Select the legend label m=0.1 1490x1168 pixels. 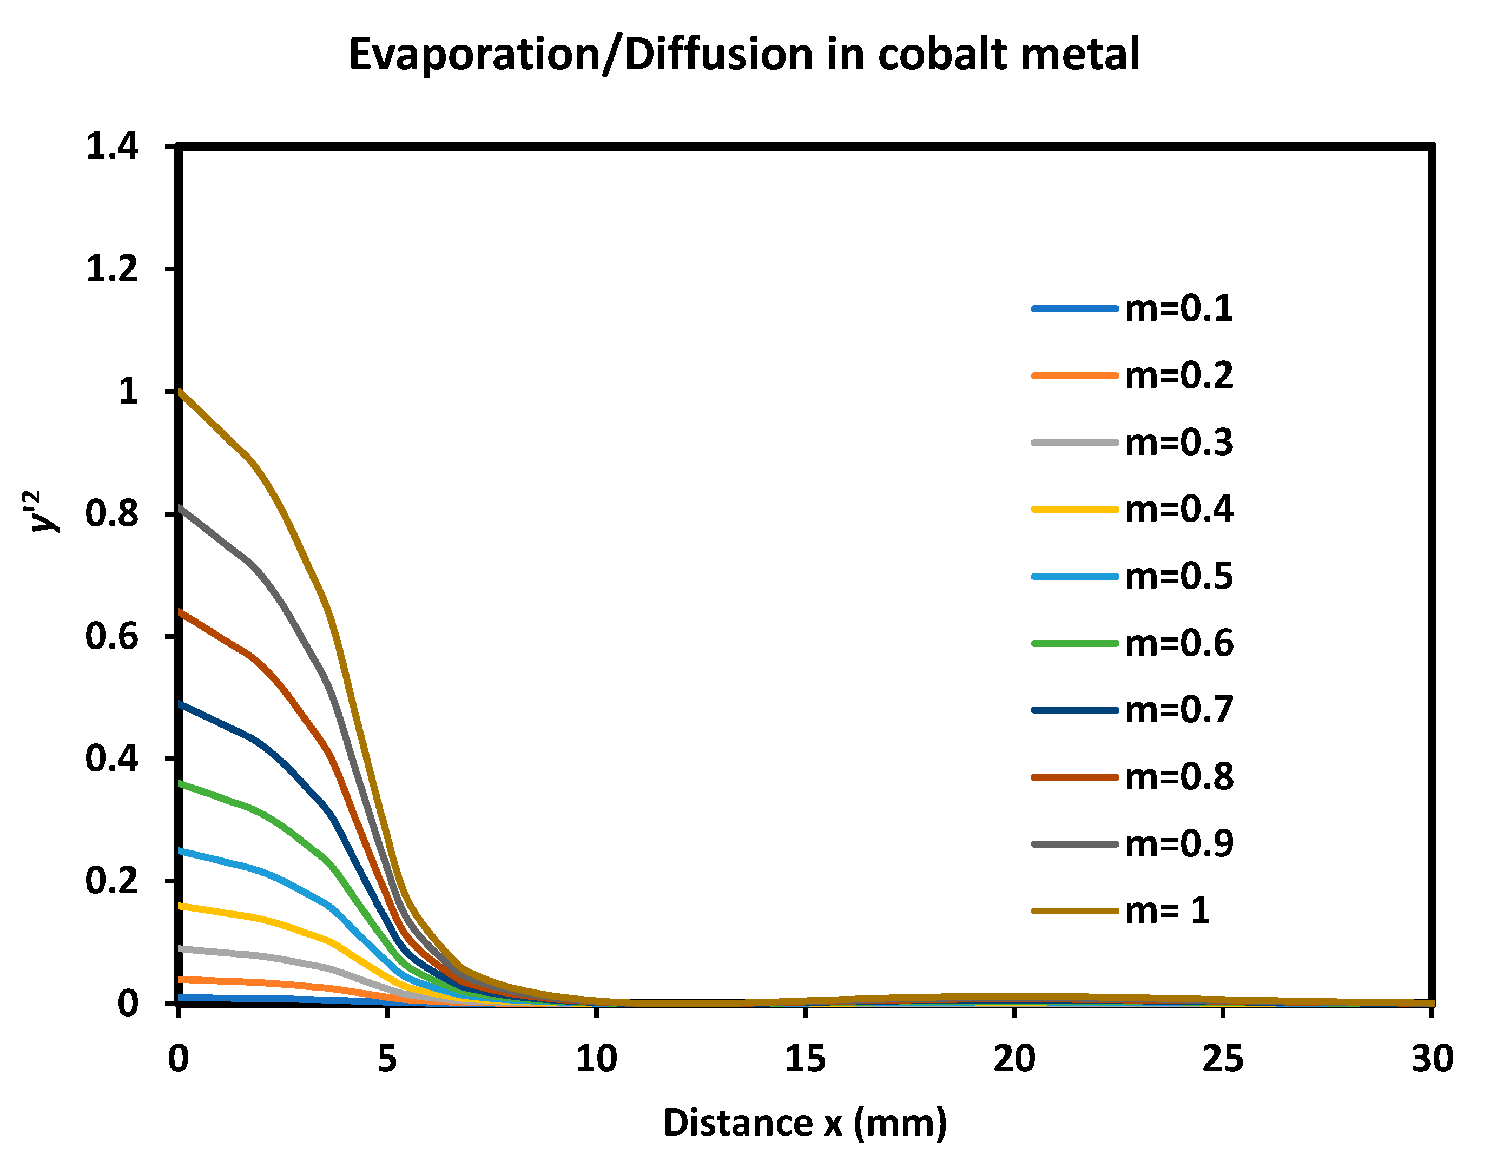tap(1179, 309)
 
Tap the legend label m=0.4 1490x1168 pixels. tap(1179, 510)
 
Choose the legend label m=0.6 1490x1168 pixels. tap(1179, 643)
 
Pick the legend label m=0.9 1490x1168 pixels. tap(1179, 844)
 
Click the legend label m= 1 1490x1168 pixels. tap(1167, 911)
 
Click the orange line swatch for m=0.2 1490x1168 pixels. tap(1074, 375)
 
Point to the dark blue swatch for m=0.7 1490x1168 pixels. tap(1074, 710)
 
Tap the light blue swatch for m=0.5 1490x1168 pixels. tap(1074, 577)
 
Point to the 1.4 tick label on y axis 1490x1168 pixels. tap(111, 147)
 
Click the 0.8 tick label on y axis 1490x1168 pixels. tap(111, 514)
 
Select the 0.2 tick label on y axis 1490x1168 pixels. tap(111, 881)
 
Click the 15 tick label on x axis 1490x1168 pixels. tap(805, 1059)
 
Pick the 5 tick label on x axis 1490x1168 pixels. tap(387, 1059)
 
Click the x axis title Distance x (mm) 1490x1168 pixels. tap(805, 1123)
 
